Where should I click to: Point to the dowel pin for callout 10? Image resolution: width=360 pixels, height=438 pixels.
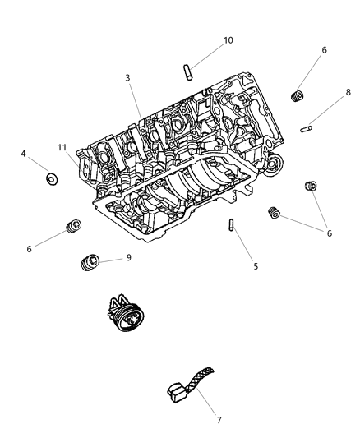coord(187,71)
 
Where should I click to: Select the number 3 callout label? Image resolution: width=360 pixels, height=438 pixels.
coord(127,78)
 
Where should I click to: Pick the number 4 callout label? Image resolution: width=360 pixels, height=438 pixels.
coord(24,153)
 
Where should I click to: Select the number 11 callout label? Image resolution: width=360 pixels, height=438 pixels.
coord(62,148)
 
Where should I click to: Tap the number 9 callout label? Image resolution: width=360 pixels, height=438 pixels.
coord(127,257)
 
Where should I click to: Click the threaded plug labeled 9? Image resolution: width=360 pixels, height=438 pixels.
coord(88,264)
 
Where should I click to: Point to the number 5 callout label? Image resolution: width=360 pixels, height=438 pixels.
coord(255,266)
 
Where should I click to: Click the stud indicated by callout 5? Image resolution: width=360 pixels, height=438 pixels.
coord(233,226)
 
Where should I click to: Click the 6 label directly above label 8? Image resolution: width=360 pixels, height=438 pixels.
coord(324,50)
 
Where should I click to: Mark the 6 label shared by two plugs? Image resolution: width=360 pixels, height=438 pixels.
coord(330,233)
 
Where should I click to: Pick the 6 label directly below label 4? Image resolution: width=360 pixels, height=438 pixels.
coord(29,248)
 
